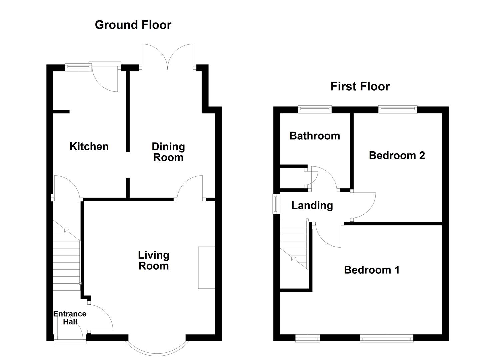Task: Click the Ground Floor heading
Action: click(133, 25)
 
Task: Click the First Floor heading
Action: click(360, 87)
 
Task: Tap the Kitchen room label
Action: click(89, 146)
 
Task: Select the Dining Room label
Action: click(168, 152)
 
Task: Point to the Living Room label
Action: click(154, 261)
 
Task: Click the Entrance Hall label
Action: click(70, 318)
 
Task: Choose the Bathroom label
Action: click(315, 136)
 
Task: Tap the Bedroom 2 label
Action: click(397, 155)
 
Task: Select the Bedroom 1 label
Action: click(372, 270)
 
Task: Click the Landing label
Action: click(312, 206)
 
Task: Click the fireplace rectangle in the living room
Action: click(206, 267)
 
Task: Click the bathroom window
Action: click(315, 109)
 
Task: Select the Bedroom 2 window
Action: click(397, 109)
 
